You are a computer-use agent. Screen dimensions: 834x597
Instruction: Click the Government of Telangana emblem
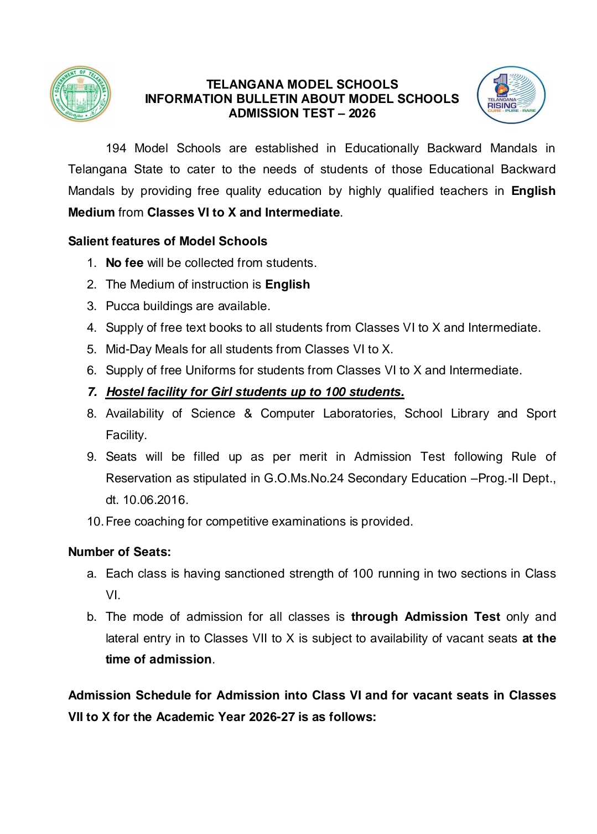coord(81,94)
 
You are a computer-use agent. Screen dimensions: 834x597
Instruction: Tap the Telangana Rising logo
coord(511,95)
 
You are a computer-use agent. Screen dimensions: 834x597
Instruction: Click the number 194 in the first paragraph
coord(116,148)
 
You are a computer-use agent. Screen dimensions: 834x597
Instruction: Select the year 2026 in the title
coord(362,114)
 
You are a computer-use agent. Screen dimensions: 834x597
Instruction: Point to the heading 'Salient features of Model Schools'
coord(168,241)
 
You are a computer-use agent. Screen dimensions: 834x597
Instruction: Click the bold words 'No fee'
coord(124,263)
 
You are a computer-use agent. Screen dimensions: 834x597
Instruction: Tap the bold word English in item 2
coord(287,285)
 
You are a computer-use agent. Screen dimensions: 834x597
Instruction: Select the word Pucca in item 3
coord(122,306)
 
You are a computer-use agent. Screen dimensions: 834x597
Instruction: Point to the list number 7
coord(92,392)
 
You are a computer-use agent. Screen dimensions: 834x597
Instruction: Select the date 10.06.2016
coord(155,500)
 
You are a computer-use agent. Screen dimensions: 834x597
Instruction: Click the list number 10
coord(95,522)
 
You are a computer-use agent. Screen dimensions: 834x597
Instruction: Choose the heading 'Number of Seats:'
coord(120,552)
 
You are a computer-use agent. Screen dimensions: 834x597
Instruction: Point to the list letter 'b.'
coord(92,617)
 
